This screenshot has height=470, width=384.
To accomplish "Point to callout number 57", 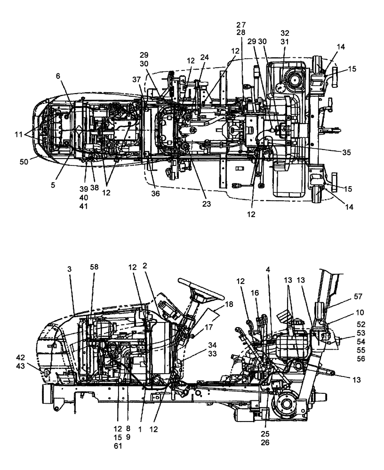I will point(360,297).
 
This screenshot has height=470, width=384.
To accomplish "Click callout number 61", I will point(118,446).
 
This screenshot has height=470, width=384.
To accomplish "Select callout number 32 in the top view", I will point(285,33).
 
